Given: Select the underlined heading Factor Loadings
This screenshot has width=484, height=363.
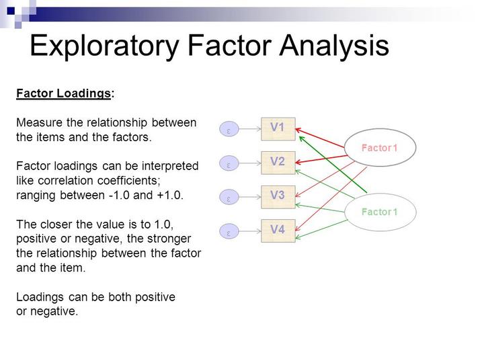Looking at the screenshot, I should click(x=63, y=94).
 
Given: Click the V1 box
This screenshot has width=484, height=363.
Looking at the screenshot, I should click(x=278, y=128).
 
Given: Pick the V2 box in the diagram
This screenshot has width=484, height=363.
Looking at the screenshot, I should click(x=278, y=162).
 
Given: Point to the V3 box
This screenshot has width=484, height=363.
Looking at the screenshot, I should click(x=278, y=196).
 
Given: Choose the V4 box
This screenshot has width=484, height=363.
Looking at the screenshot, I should click(x=278, y=231).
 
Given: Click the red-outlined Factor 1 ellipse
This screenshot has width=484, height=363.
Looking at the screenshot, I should click(x=380, y=147).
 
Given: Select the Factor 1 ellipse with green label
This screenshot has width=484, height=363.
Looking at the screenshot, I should click(x=380, y=212).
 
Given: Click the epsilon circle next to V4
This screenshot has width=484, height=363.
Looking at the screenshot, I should click(x=229, y=233).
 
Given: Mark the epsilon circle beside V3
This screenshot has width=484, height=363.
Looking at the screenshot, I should click(x=229, y=198).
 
